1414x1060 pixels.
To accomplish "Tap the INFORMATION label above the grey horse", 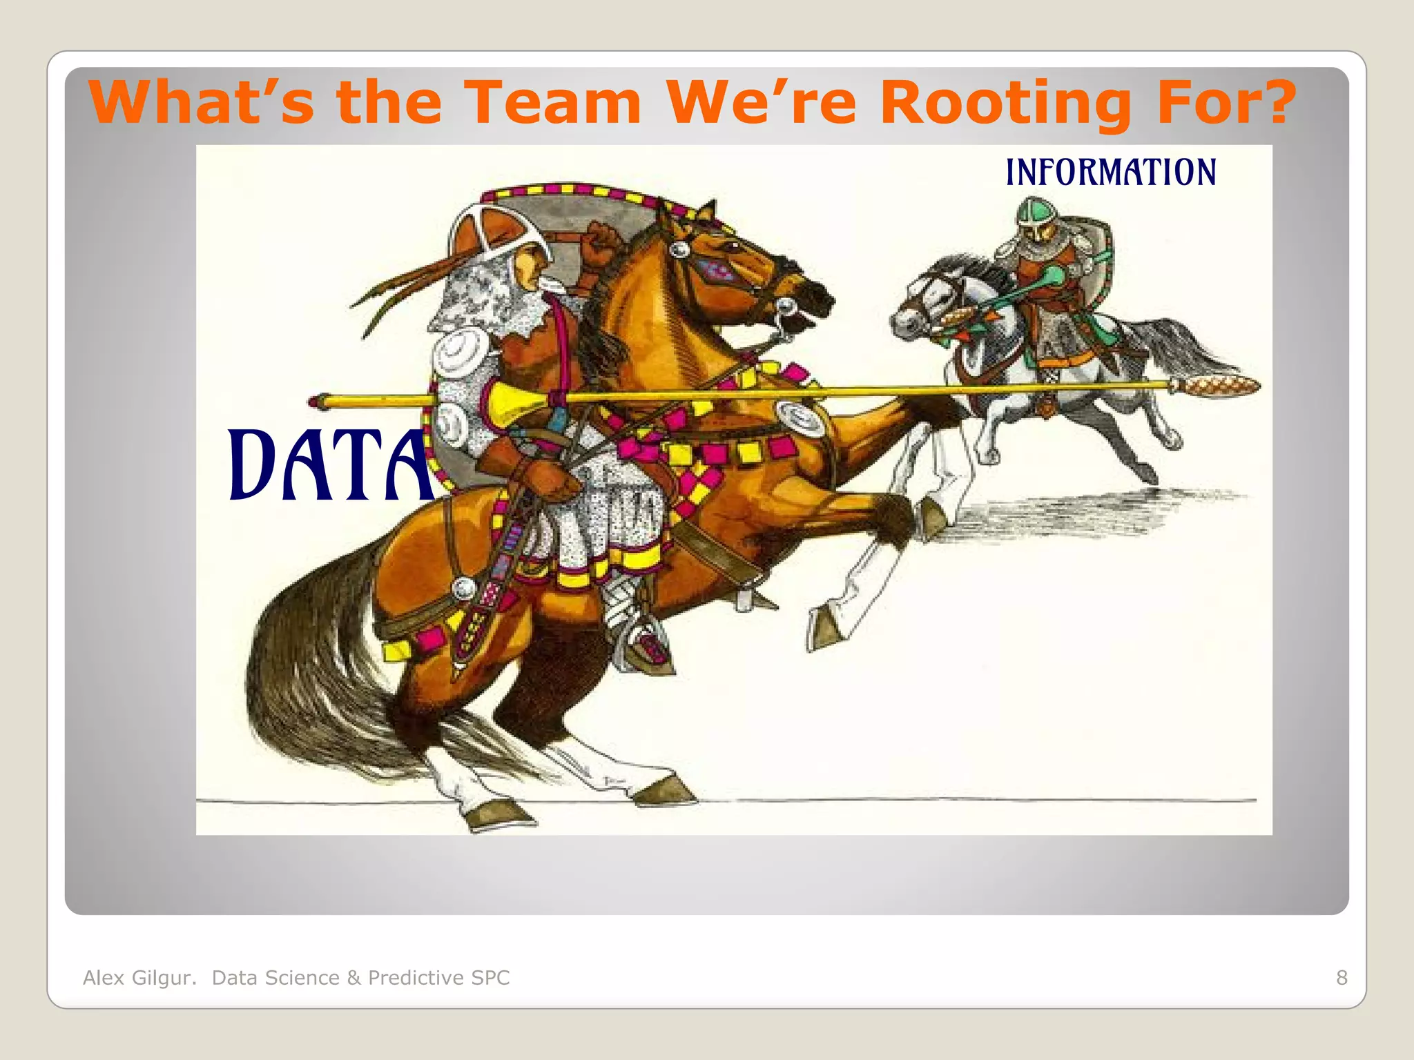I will (1110, 172).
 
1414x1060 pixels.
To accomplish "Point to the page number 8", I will (1342, 977).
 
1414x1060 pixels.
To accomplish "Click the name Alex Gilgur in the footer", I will (139, 977).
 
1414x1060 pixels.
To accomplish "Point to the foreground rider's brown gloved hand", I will (545, 476).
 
